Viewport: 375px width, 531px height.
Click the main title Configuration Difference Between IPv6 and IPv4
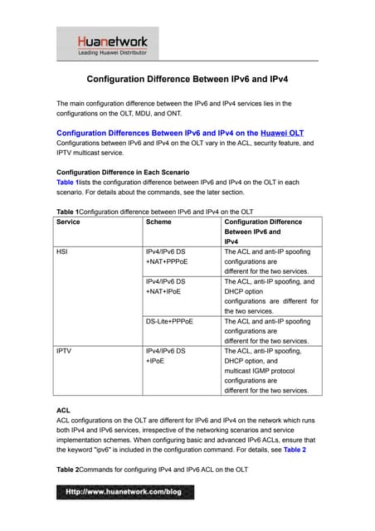pyautogui.click(x=188, y=80)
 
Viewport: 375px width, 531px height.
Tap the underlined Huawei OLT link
pyautogui.click(x=282, y=132)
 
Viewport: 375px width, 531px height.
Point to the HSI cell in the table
pyautogui.click(x=62, y=250)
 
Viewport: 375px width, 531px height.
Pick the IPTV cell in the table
pyautogui.click(x=64, y=351)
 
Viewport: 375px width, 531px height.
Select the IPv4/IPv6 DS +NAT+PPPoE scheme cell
pyautogui.click(x=165, y=255)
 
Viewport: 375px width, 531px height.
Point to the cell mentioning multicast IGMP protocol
pyautogui.click(x=265, y=370)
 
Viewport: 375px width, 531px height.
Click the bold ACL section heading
pyautogui.click(x=63, y=410)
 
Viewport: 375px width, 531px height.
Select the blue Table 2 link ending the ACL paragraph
pyautogui.click(x=295, y=450)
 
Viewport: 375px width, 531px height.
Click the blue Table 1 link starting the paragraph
pyautogui.click(x=67, y=182)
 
